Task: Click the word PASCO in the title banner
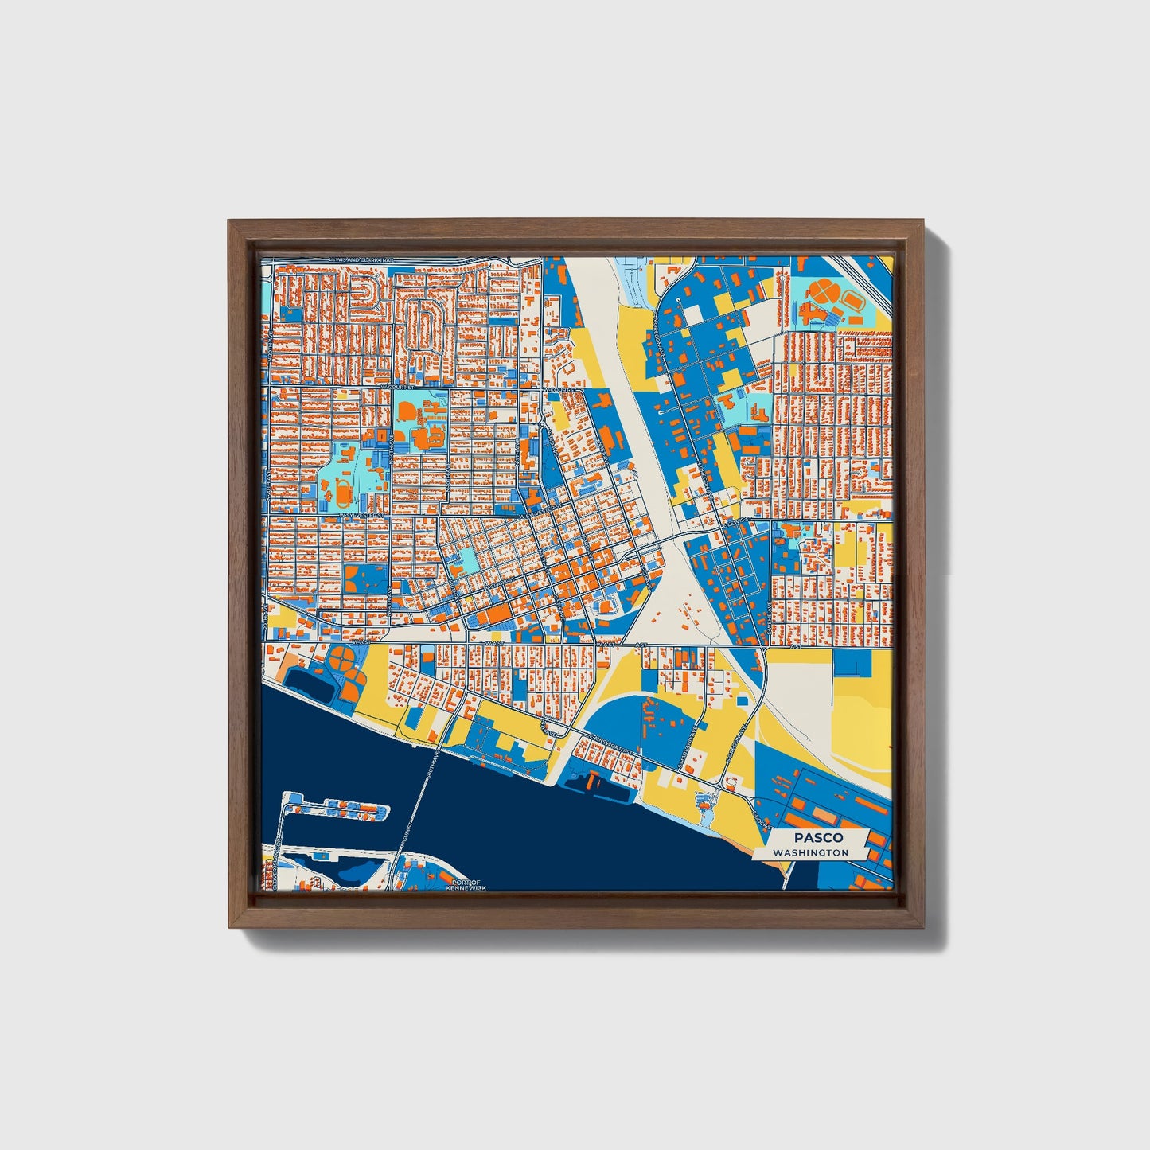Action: pos(817,837)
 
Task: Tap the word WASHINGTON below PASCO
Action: pos(810,852)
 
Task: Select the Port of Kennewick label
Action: pos(463,884)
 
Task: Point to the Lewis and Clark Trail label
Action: pos(361,259)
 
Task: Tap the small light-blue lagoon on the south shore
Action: pos(704,806)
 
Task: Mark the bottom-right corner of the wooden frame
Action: pos(923,926)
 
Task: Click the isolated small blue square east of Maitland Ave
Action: pos(743,700)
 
